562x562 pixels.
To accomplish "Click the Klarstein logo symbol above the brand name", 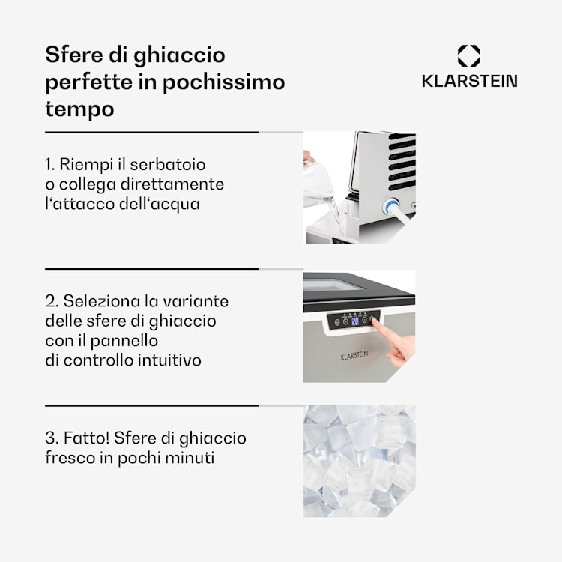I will pos(468,56).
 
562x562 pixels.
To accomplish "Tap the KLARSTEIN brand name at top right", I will pos(469,82).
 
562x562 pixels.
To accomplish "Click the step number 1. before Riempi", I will pos(51,164).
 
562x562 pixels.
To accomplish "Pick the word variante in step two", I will pos(198,301).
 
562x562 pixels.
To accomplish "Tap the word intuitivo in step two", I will pos(169,360).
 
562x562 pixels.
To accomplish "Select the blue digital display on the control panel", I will pos(355,320).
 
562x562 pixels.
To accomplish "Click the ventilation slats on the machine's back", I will pos(401,161).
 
